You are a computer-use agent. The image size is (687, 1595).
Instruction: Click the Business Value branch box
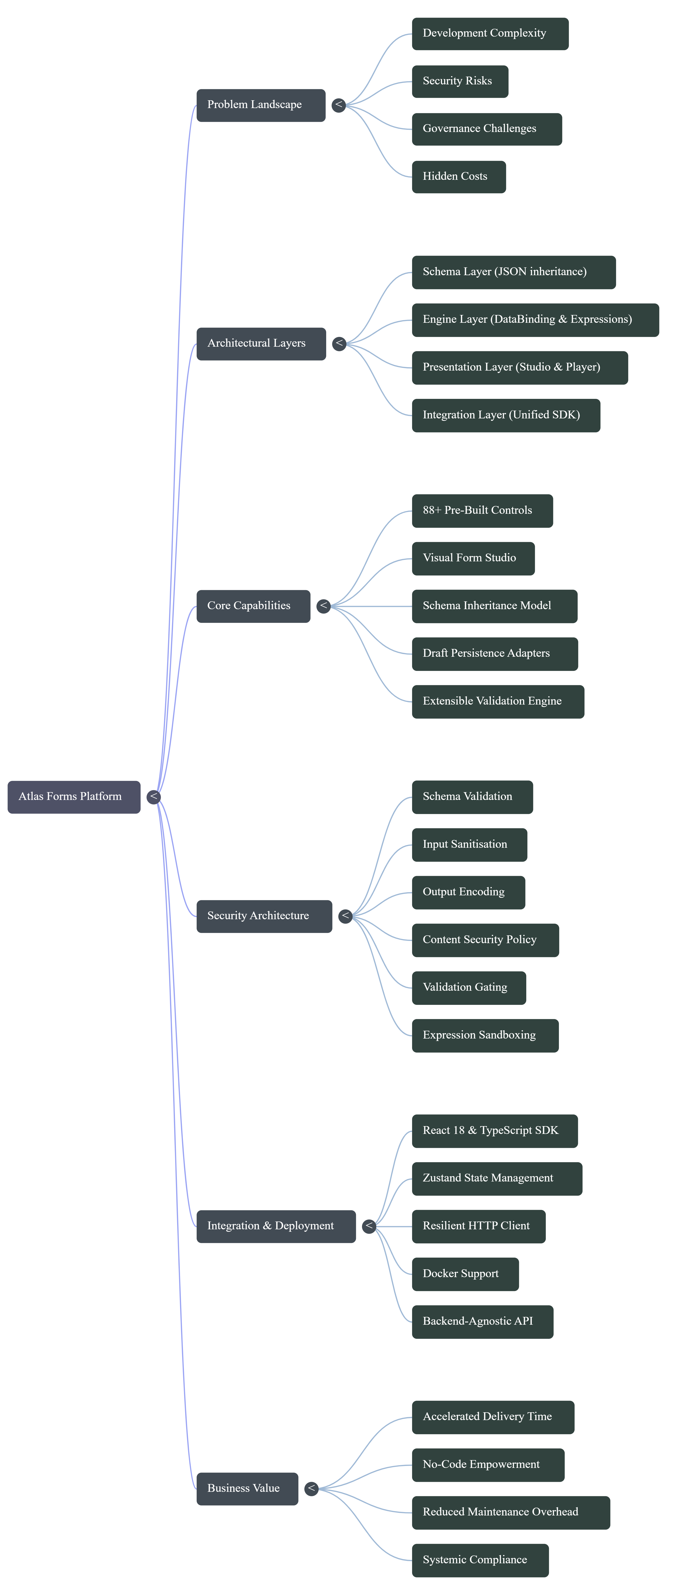[247, 1488]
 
